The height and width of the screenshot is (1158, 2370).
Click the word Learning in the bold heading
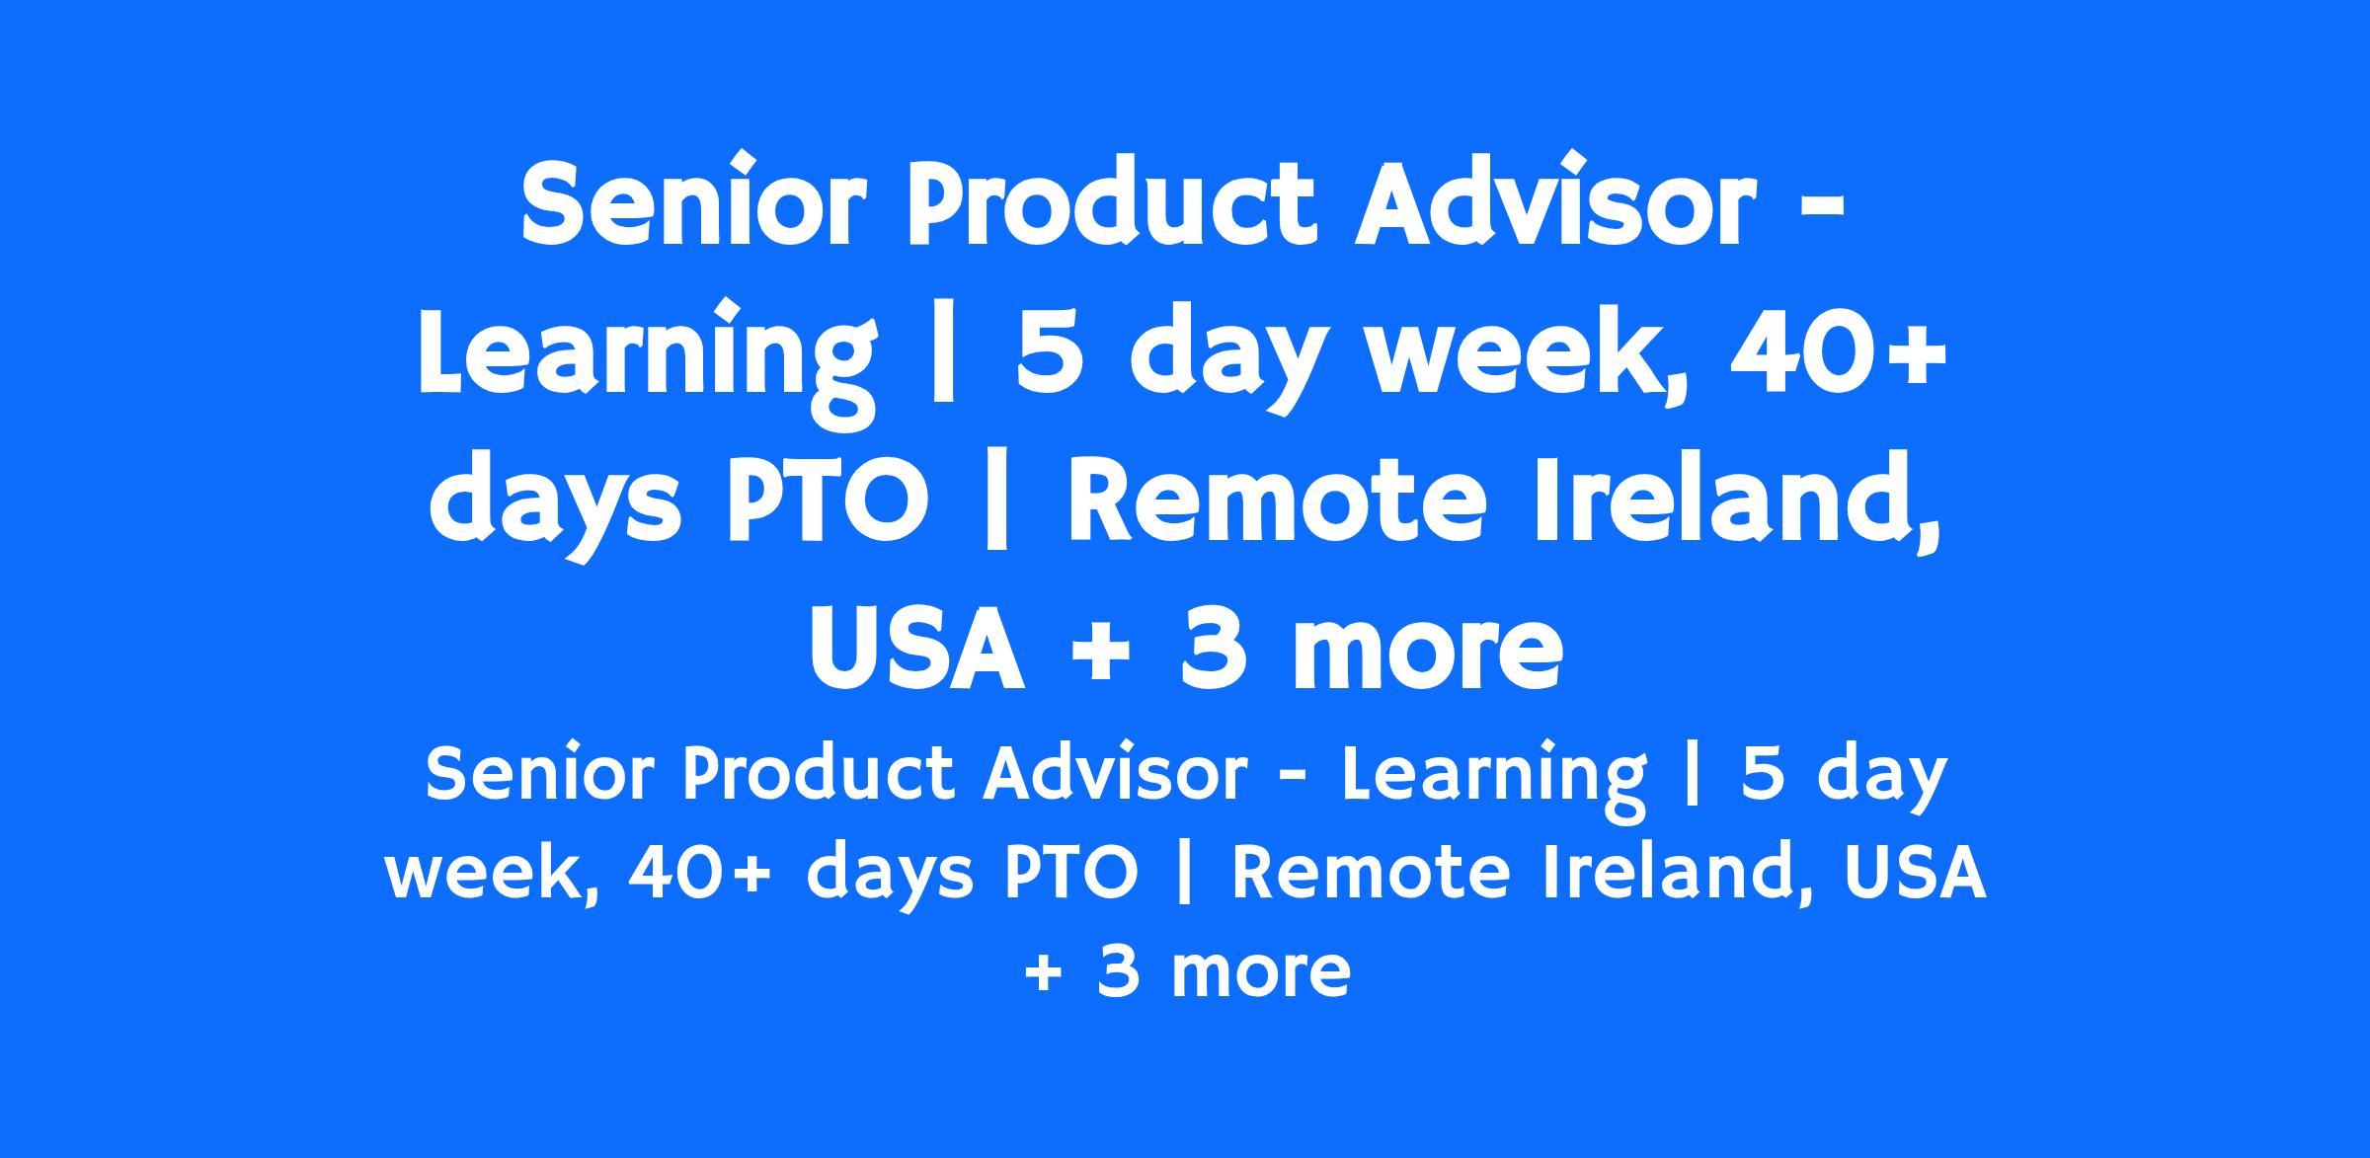[x=647, y=355]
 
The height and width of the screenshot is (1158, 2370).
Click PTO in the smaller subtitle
[x=1071, y=873]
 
